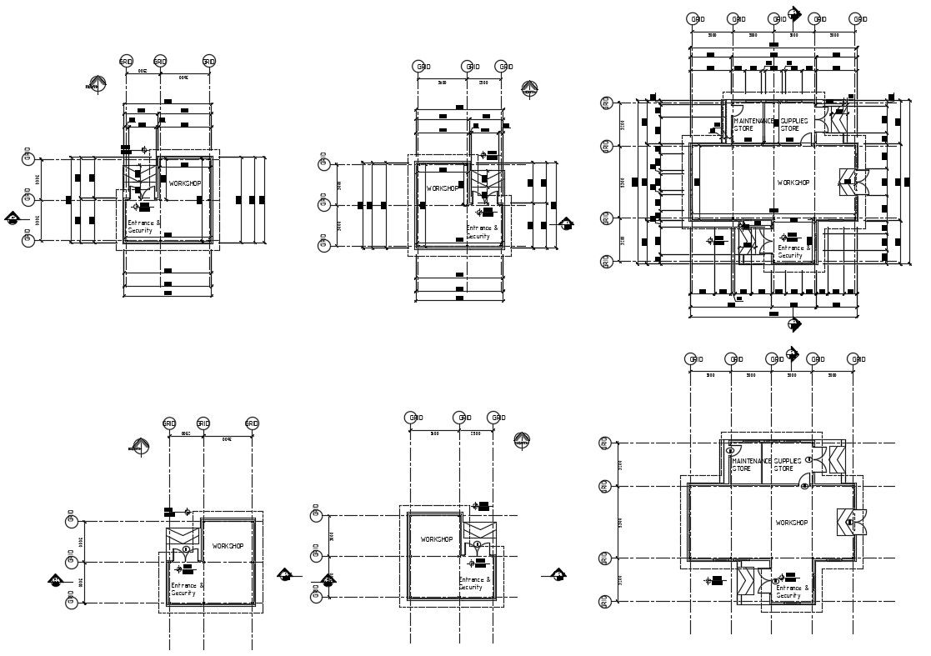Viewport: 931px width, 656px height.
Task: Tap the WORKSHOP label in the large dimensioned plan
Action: tap(793, 183)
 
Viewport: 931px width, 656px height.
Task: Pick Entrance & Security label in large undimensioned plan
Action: tap(792, 592)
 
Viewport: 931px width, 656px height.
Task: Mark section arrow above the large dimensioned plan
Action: tap(794, 14)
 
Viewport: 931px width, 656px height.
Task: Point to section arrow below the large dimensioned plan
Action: tap(793, 323)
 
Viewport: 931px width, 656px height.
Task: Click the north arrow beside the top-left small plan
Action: tap(94, 84)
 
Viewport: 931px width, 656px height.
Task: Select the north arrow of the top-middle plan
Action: tap(529, 88)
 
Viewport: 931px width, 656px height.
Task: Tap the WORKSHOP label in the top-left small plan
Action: tap(184, 183)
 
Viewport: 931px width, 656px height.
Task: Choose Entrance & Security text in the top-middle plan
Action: tap(482, 232)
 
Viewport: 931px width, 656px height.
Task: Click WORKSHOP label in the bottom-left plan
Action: tap(228, 546)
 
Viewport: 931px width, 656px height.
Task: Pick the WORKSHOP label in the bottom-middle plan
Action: tap(436, 539)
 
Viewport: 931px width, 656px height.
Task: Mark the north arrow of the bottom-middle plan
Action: tap(522, 439)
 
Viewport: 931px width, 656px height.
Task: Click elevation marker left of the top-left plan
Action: tap(13, 218)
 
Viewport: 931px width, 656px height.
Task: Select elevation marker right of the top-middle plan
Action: tap(567, 223)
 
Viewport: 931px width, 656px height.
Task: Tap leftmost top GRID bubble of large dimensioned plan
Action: tap(693, 18)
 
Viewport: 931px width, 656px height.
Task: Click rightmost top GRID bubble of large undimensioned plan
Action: tap(857, 358)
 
